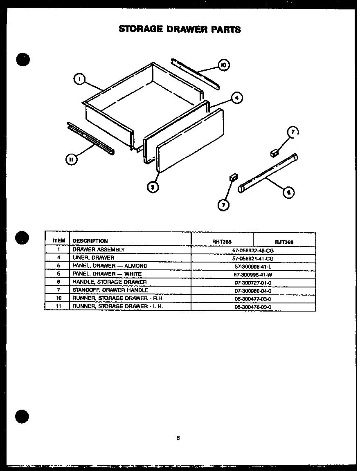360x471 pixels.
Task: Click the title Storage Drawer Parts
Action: coord(180,29)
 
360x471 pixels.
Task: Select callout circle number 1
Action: coord(79,79)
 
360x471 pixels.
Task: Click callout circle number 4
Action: coord(236,98)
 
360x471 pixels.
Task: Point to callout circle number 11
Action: coord(71,159)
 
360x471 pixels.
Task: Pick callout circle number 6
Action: coord(289,192)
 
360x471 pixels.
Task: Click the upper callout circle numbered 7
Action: coord(292,132)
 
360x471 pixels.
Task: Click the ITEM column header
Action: coord(59,241)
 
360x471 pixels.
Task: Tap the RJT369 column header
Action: coord(284,242)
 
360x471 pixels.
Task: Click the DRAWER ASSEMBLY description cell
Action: coord(99,249)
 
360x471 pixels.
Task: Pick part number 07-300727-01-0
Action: coord(253,283)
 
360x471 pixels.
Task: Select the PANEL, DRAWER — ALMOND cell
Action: coord(110,266)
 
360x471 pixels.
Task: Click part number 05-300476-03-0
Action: coord(253,307)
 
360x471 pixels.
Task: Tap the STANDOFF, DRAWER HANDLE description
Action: coord(110,290)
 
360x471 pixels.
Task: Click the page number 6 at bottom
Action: coord(178,438)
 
